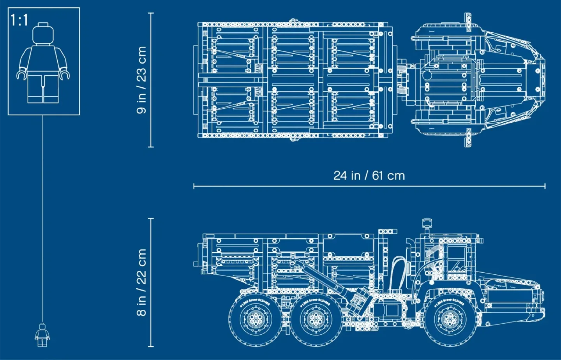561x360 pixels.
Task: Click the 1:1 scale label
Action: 19,20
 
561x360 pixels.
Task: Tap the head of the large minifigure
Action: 43,34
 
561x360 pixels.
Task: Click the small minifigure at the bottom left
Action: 42,335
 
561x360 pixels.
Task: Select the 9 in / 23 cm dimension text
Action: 141,80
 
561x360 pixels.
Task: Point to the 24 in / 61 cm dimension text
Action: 369,176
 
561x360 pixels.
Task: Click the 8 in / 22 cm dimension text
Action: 141,282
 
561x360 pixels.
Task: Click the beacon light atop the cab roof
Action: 427,223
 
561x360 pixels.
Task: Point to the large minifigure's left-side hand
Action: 21,74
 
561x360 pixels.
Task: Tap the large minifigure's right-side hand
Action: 65,74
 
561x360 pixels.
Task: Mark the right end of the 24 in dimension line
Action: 545,186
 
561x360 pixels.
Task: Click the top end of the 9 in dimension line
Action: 151,13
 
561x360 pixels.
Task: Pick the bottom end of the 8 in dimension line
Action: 151,346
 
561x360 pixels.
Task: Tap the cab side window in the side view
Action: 458,261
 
